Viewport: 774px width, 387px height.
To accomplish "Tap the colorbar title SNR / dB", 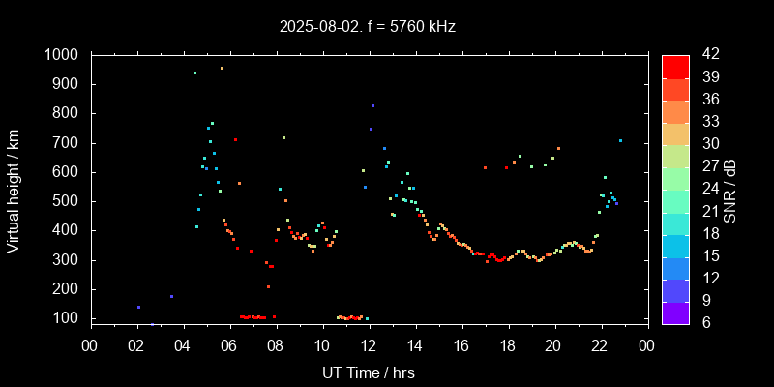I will click(732, 188).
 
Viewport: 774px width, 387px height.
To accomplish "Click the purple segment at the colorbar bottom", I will click(675, 312).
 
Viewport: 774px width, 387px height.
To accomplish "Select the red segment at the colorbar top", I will click(675, 66).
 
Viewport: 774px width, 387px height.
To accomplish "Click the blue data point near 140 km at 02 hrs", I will click(138, 307).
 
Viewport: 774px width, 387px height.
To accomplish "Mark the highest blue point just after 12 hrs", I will click(372, 105).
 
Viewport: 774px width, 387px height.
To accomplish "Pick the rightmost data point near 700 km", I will click(620, 140).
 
